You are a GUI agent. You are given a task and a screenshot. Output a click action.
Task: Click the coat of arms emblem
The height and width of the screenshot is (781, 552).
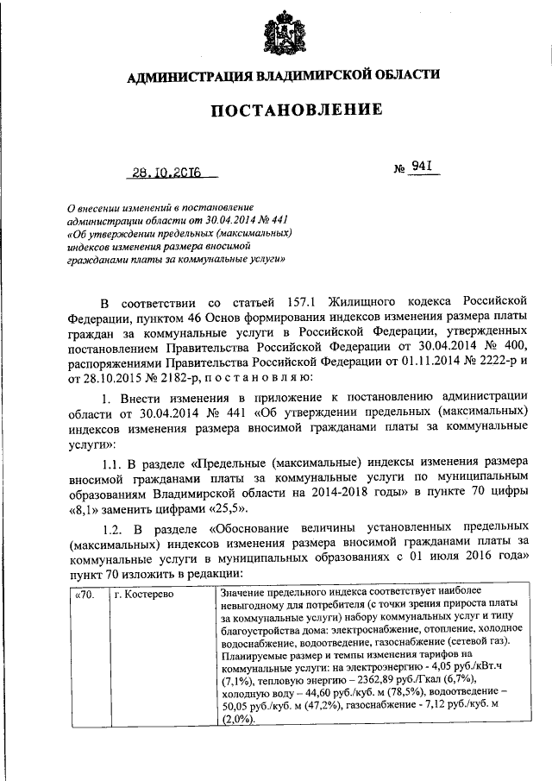pos(277,35)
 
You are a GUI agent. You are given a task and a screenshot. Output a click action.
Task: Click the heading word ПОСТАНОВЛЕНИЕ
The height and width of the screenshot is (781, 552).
pos(276,110)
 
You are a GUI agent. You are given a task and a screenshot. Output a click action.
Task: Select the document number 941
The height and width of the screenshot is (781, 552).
pos(421,167)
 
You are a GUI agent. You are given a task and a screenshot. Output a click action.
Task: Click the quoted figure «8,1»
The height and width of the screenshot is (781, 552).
pos(85,509)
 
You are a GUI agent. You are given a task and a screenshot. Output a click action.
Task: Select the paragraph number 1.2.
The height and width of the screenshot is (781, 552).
pos(114,527)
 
